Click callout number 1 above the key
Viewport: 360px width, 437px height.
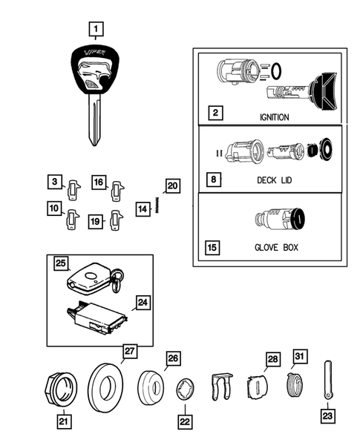pos(96,29)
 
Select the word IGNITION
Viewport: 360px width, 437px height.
pos(275,117)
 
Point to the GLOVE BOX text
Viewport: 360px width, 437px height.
pos(275,247)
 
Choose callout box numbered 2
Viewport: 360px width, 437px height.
pos(215,114)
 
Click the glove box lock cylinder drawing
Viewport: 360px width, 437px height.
pos(278,220)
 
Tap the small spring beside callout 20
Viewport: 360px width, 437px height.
pos(159,206)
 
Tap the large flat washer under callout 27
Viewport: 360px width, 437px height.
pos(106,386)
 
